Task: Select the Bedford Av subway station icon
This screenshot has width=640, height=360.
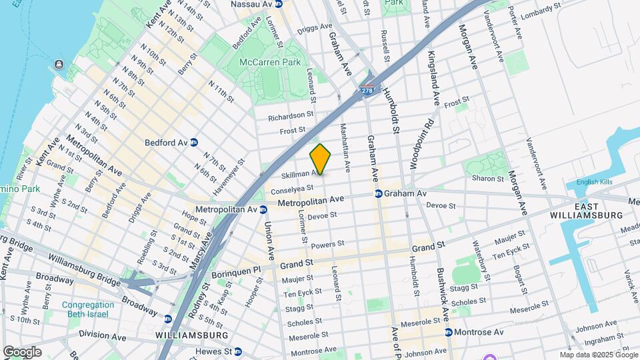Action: click(194, 143)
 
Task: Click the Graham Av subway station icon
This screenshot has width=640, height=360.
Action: click(378, 194)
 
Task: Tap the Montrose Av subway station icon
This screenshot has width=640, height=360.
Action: click(449, 332)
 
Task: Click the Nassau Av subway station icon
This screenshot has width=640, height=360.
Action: click(279, 4)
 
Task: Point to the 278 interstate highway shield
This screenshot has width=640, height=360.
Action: click(367, 90)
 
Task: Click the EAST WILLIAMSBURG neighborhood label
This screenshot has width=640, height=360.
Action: click(586, 210)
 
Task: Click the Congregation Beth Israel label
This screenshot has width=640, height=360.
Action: click(87, 310)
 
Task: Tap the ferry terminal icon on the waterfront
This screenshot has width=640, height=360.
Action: click(59, 65)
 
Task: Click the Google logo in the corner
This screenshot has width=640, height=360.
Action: click(22, 352)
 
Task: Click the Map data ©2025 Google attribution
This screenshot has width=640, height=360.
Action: click(598, 355)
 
